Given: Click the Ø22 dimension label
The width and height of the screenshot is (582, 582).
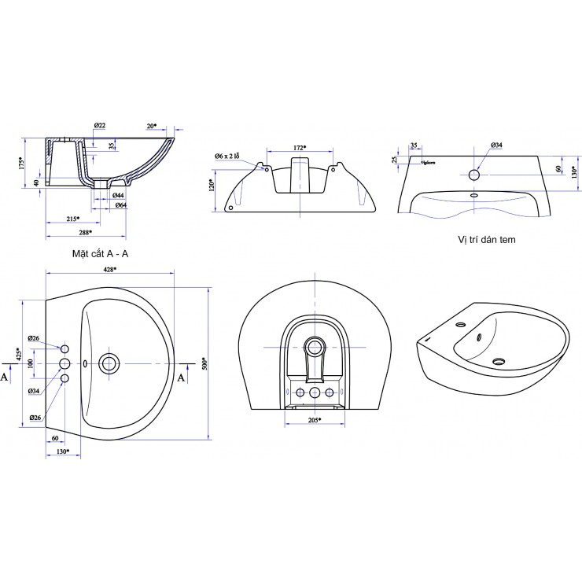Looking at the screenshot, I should tap(100, 126).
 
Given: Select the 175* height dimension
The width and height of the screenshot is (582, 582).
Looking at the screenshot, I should tap(24, 163).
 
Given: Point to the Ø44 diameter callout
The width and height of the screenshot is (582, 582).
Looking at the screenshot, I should tap(119, 194).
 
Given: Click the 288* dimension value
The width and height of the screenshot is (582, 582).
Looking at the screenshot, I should tap(85, 233).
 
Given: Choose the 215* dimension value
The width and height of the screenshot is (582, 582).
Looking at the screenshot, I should tap(74, 219).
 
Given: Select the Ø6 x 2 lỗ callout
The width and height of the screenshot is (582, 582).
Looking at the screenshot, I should tap(232, 156).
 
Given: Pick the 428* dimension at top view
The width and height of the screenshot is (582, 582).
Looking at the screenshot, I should tap(109, 269).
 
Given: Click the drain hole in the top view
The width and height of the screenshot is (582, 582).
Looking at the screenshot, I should tap(109, 363).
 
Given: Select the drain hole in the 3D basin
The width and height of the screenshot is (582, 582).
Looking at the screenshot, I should tap(497, 362).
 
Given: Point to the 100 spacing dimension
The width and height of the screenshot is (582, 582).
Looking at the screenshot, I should tap(31, 363).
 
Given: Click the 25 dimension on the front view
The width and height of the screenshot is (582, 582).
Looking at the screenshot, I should tap(395, 160).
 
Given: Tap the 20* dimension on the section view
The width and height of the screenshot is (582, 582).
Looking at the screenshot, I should tap(151, 125).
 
